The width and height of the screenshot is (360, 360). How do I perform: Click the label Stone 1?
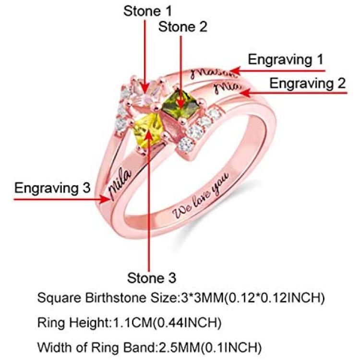click(147, 11)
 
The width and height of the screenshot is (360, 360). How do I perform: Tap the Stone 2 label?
click(183, 27)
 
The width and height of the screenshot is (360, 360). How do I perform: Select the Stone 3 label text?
click(152, 277)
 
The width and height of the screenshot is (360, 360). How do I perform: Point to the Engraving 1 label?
click(286, 60)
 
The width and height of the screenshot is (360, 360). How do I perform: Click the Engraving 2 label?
click(307, 84)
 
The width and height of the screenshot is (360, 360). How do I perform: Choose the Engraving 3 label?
click(52, 188)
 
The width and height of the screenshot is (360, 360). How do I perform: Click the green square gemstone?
click(181, 105)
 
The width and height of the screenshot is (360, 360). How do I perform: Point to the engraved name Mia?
click(227, 88)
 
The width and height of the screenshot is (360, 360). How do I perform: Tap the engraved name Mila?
click(120, 183)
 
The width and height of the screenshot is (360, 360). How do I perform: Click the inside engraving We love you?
click(201, 195)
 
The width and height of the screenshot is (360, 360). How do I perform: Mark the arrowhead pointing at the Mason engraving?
click(235, 71)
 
